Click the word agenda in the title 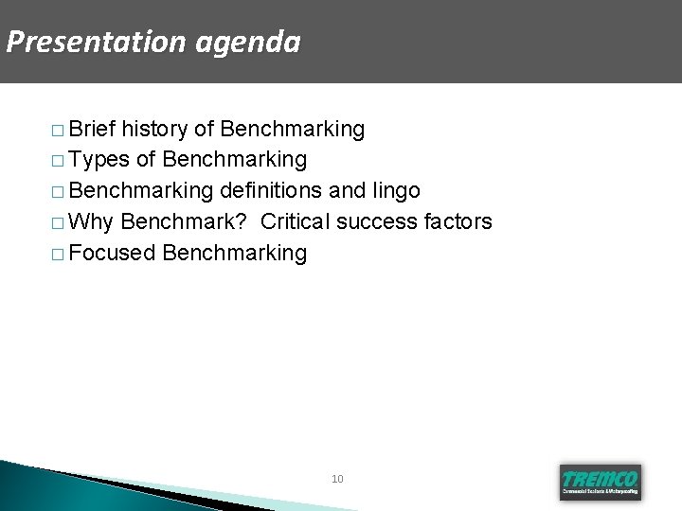(x=250, y=43)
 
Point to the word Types (x=99, y=160)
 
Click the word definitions (x=270, y=191)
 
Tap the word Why (x=91, y=222)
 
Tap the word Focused (x=112, y=253)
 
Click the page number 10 (x=337, y=479)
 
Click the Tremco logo (x=600, y=481)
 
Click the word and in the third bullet (x=346, y=191)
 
